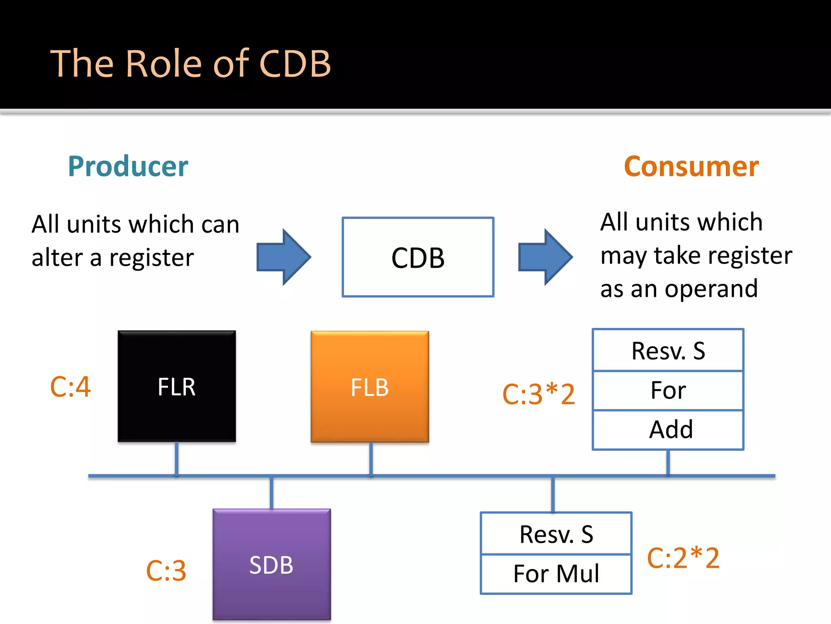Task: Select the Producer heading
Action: click(128, 166)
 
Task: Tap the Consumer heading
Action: click(691, 166)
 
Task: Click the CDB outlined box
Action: click(418, 257)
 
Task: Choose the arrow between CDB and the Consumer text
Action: click(545, 257)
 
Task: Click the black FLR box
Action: click(177, 386)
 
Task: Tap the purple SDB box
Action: click(271, 565)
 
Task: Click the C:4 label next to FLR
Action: click(70, 387)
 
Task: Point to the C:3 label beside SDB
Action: click(166, 570)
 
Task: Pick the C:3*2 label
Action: click(538, 394)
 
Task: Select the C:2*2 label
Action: click(683, 558)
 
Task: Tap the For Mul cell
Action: click(556, 574)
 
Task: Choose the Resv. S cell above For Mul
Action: click(556, 534)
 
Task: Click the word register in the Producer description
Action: click(151, 258)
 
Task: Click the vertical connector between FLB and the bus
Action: click(371, 459)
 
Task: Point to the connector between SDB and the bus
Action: click(271, 492)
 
